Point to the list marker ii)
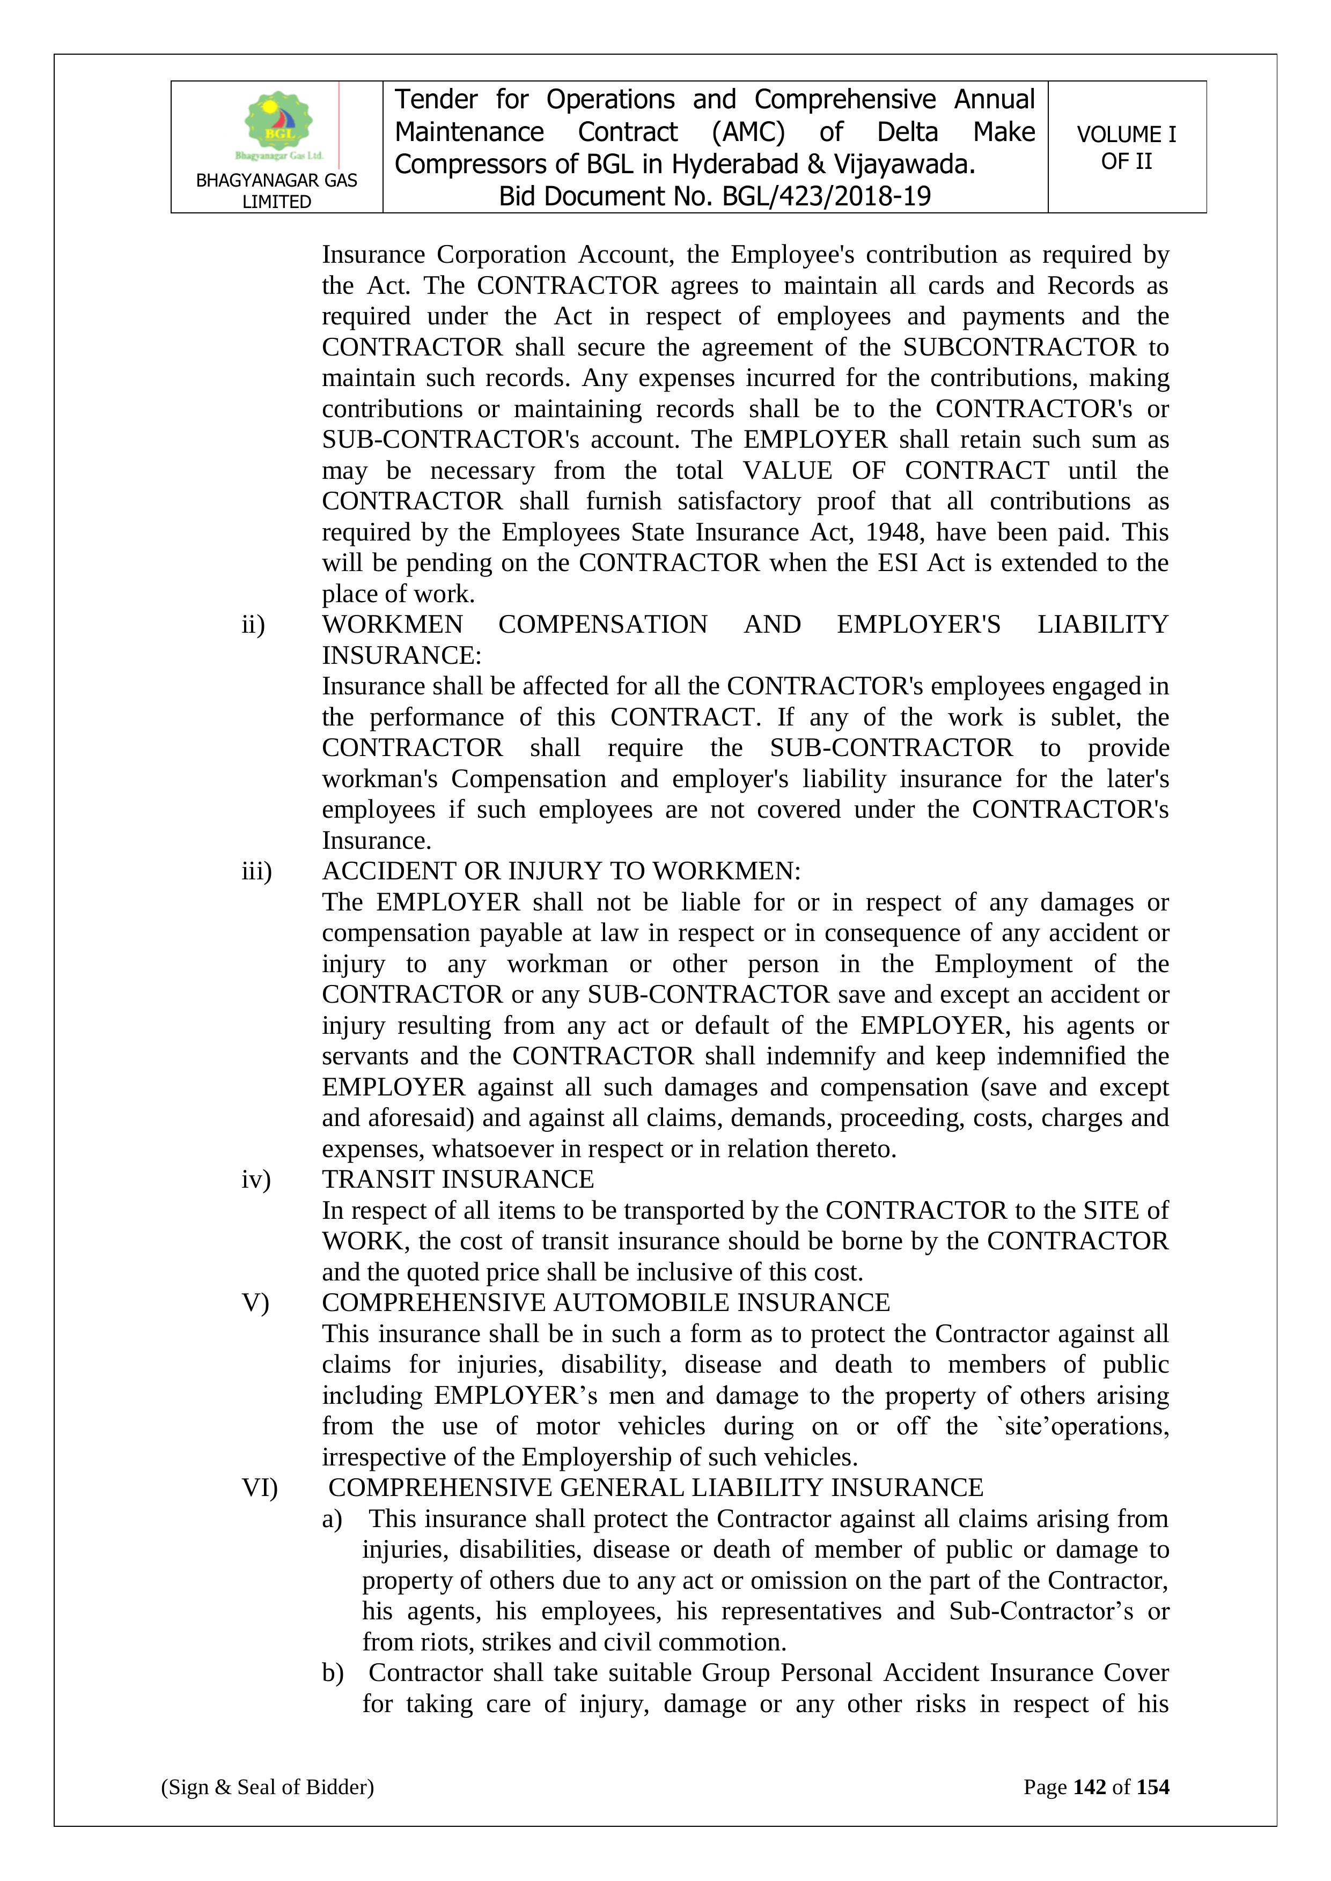click(x=253, y=625)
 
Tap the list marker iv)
click(x=256, y=1180)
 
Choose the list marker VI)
click(x=260, y=1488)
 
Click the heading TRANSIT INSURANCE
click(x=457, y=1180)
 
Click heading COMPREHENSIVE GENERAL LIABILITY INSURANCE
click(x=656, y=1488)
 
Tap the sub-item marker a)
click(x=332, y=1519)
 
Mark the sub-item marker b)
click(x=333, y=1673)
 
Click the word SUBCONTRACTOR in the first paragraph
click(x=1019, y=347)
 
